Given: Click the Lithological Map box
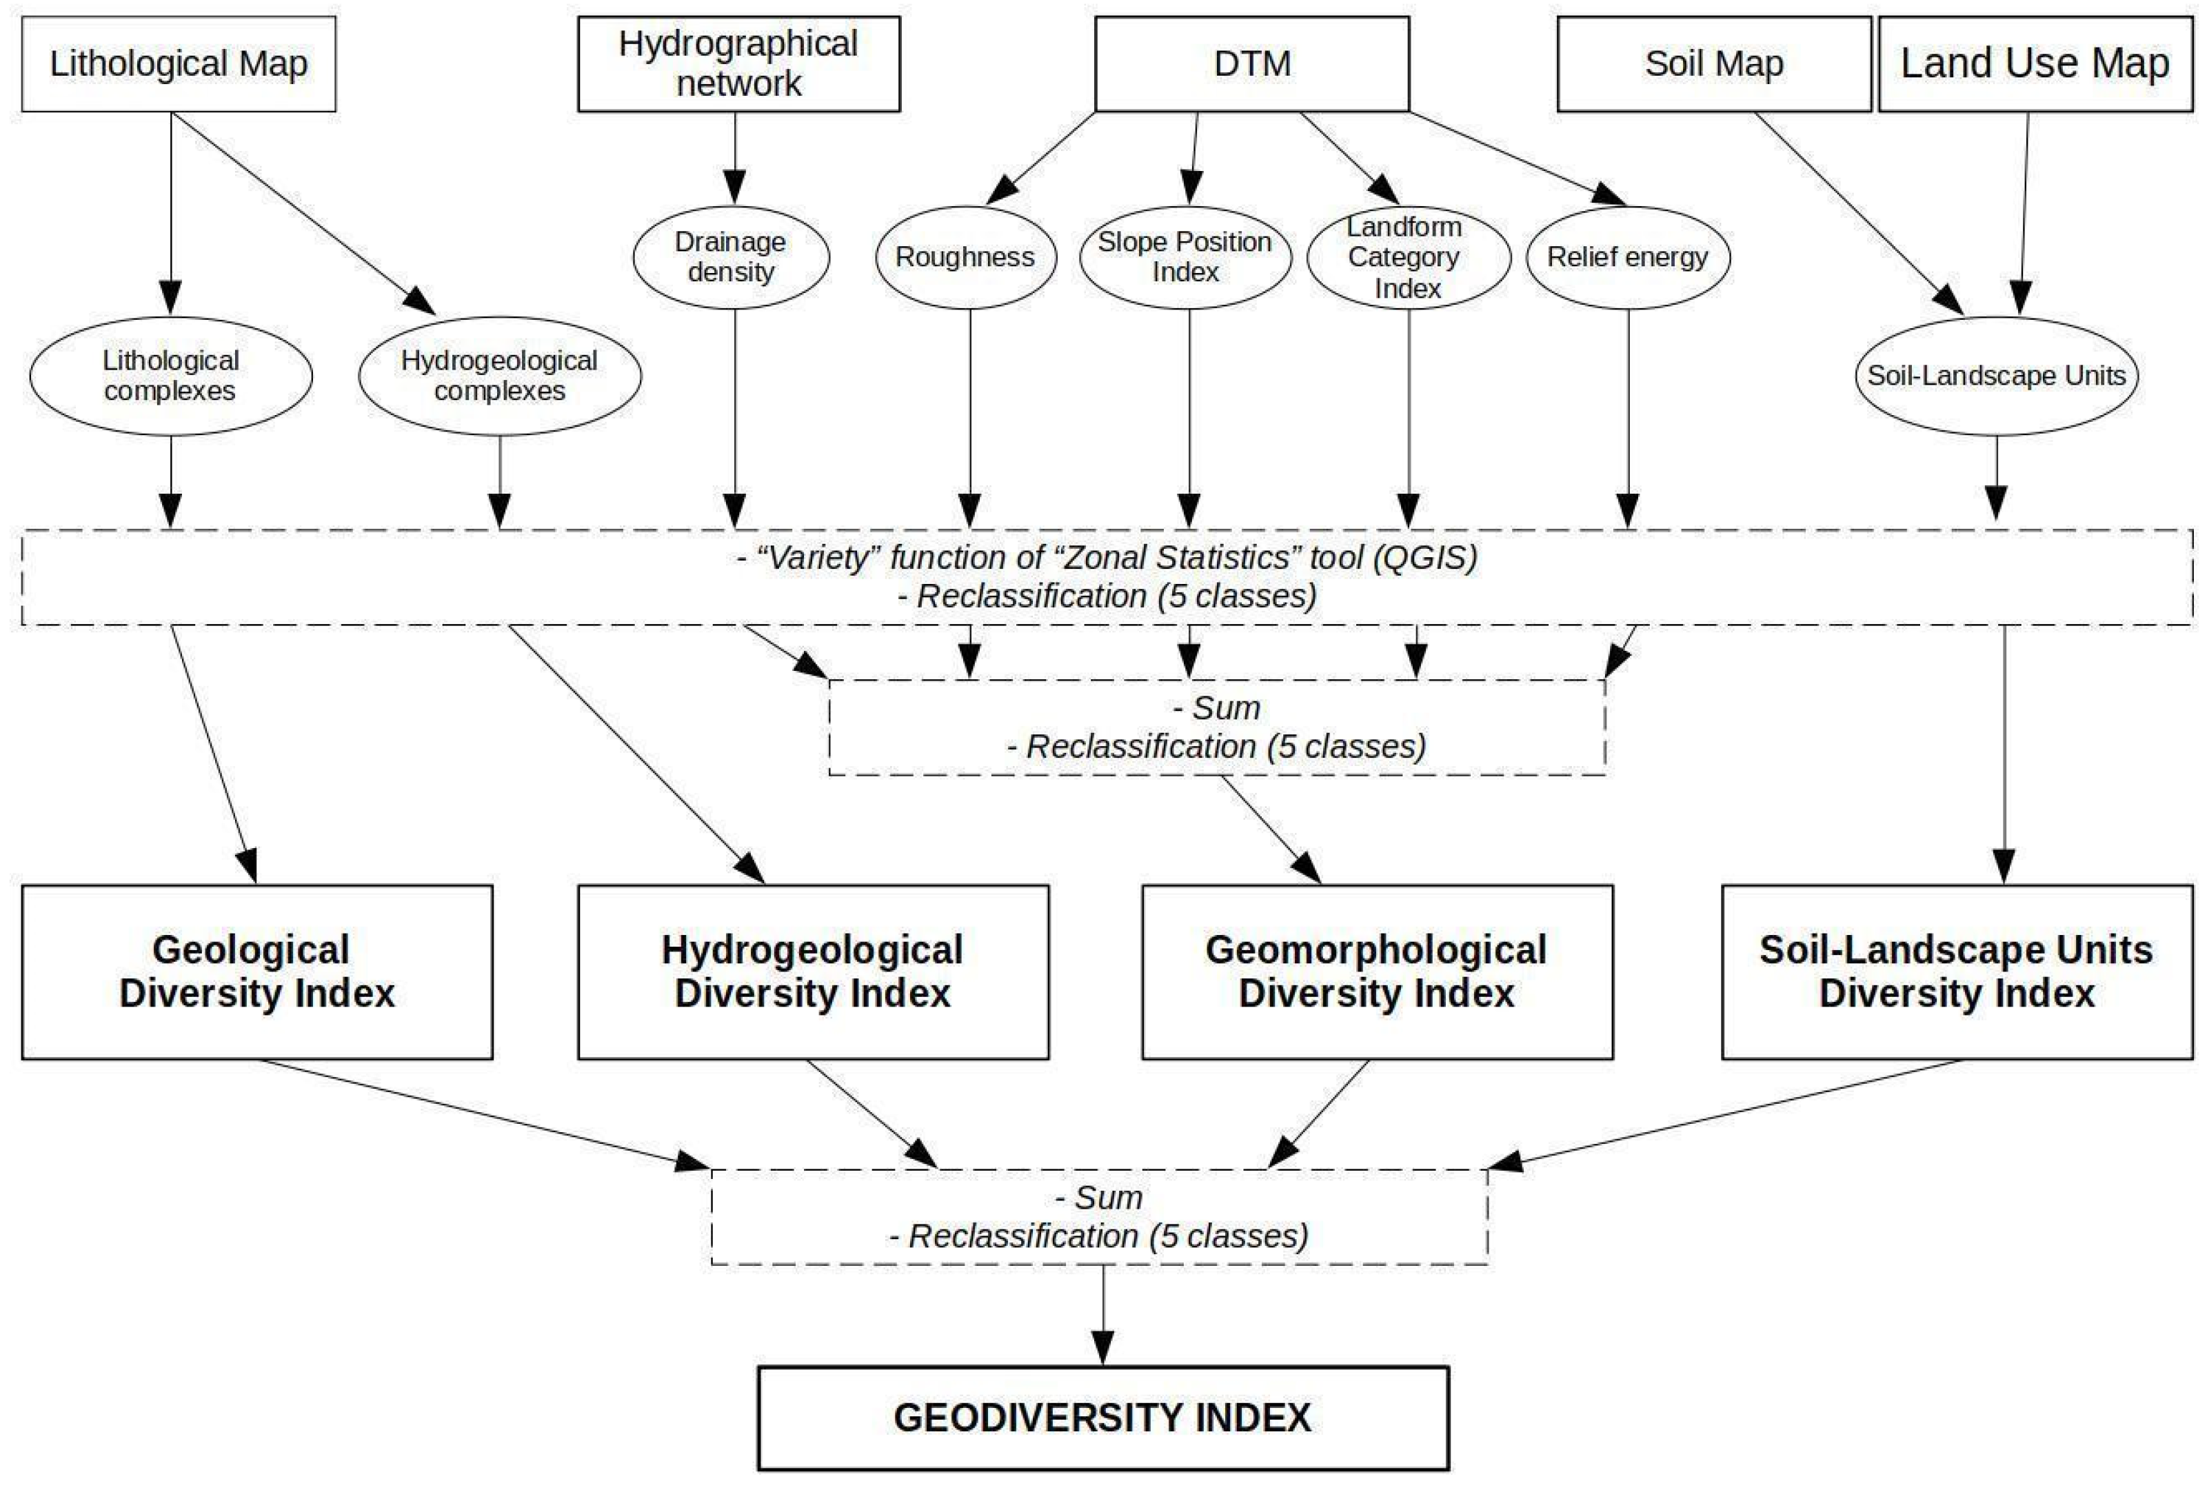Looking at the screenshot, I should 179,63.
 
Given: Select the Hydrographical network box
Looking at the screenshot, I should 739,63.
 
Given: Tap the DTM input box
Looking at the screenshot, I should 1251,63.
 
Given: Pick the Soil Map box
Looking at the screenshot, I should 1714,63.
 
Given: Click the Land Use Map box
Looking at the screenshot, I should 2035,63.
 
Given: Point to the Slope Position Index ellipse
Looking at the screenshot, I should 1185,256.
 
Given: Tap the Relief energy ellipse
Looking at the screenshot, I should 1628,256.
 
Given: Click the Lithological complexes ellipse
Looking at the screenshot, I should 171,375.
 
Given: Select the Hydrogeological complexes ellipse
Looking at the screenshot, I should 499,375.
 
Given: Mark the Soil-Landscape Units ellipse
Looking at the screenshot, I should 1996,375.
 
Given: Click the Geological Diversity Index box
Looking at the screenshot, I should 256,971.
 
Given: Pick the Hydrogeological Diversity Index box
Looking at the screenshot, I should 813,971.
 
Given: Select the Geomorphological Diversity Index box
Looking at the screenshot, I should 1376,971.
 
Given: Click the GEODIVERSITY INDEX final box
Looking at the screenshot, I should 1102,1418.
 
